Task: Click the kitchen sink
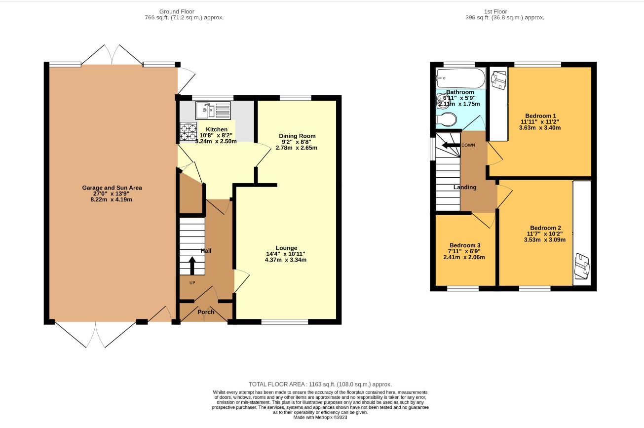pos(213,111)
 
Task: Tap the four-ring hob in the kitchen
pos(189,131)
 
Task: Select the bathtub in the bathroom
pos(460,78)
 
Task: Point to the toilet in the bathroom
pos(446,119)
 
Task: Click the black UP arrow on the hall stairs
pos(192,266)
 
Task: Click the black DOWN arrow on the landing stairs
pos(451,145)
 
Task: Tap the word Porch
pos(206,312)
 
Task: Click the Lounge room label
pos(286,248)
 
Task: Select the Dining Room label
pos(297,136)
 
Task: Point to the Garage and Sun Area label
pos(112,188)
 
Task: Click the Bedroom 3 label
pos(465,245)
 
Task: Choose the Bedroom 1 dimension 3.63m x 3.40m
pos(540,128)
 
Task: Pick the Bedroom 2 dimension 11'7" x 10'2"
pos(544,234)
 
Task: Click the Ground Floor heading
pos(177,11)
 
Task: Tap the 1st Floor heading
pos(495,11)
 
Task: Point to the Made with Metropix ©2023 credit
pos(320,417)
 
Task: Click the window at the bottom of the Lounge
pos(285,322)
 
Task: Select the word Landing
pos(465,187)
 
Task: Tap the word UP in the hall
pos(192,283)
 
